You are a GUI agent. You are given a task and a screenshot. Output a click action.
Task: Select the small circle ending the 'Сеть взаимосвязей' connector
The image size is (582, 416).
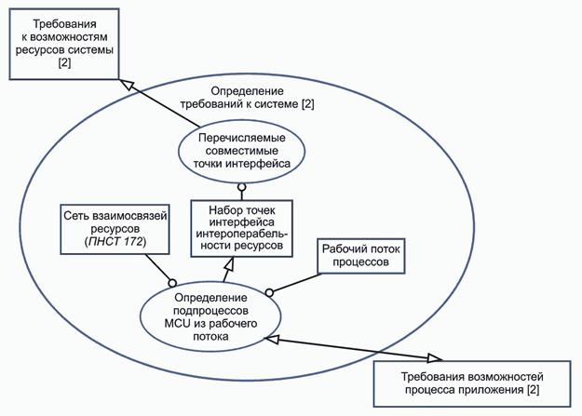click(x=172, y=281)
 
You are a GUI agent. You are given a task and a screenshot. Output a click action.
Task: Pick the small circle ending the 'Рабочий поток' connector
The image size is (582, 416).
click(x=270, y=292)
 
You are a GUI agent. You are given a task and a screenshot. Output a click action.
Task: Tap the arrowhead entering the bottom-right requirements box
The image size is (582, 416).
click(x=434, y=358)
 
